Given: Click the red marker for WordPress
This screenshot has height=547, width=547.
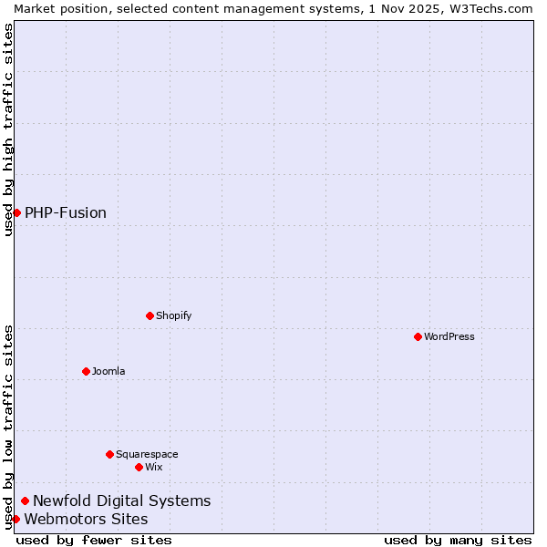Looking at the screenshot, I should [418, 336].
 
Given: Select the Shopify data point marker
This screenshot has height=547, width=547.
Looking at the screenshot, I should [150, 315].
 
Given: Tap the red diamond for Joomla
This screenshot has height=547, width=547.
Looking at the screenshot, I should [86, 371].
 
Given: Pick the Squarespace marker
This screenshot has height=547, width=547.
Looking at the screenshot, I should [109, 454].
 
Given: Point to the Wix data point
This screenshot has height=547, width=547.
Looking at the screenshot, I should [139, 467].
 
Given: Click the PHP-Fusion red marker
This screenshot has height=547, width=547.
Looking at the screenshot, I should [16, 212].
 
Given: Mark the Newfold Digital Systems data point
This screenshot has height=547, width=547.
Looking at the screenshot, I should [25, 501].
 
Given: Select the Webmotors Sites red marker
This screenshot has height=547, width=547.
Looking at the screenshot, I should [15, 519].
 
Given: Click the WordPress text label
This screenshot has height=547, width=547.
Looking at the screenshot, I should [449, 336].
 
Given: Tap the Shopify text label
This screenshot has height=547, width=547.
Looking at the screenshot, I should [173, 315].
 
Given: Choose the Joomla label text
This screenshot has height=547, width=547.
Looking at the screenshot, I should [108, 371].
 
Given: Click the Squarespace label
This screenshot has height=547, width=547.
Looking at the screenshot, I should [147, 454].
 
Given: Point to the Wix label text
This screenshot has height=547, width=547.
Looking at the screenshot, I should [153, 467].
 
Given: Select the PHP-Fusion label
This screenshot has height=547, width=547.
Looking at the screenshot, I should [66, 212].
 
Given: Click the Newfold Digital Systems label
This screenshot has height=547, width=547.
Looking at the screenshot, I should [121, 501].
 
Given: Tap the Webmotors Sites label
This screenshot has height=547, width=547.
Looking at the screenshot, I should [86, 519].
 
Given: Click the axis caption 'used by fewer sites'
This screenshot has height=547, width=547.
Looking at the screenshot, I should [94, 540].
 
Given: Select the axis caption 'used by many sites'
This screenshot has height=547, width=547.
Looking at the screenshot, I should [458, 540].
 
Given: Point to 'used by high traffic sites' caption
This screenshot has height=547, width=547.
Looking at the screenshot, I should [8, 129].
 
